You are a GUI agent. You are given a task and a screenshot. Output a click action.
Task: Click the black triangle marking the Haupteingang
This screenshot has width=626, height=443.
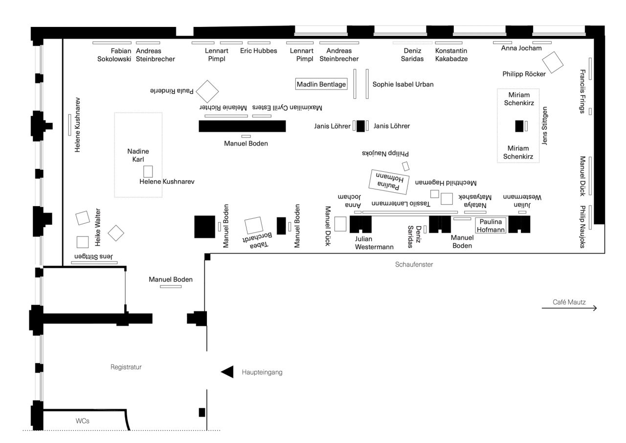(227, 372)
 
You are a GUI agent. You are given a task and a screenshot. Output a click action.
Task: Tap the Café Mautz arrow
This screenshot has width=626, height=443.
(569, 308)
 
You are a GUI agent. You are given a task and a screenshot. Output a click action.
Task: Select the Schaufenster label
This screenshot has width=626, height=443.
(414, 265)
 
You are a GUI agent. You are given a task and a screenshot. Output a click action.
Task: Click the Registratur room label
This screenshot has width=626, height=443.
(126, 367)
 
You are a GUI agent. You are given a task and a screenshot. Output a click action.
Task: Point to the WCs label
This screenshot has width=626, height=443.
(83, 421)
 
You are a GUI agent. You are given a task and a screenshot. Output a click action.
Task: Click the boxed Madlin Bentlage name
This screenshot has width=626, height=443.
(321, 84)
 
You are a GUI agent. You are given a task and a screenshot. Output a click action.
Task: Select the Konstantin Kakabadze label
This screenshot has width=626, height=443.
(451, 55)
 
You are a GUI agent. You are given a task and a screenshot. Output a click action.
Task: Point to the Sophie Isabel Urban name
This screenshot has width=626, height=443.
(403, 84)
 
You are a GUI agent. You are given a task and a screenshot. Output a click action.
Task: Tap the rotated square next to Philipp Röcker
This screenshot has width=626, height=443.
(553, 62)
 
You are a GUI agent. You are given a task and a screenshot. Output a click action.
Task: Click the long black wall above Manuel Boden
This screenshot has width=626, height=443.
(242, 126)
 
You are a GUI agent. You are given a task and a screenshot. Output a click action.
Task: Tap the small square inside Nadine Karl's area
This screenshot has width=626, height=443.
(148, 171)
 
